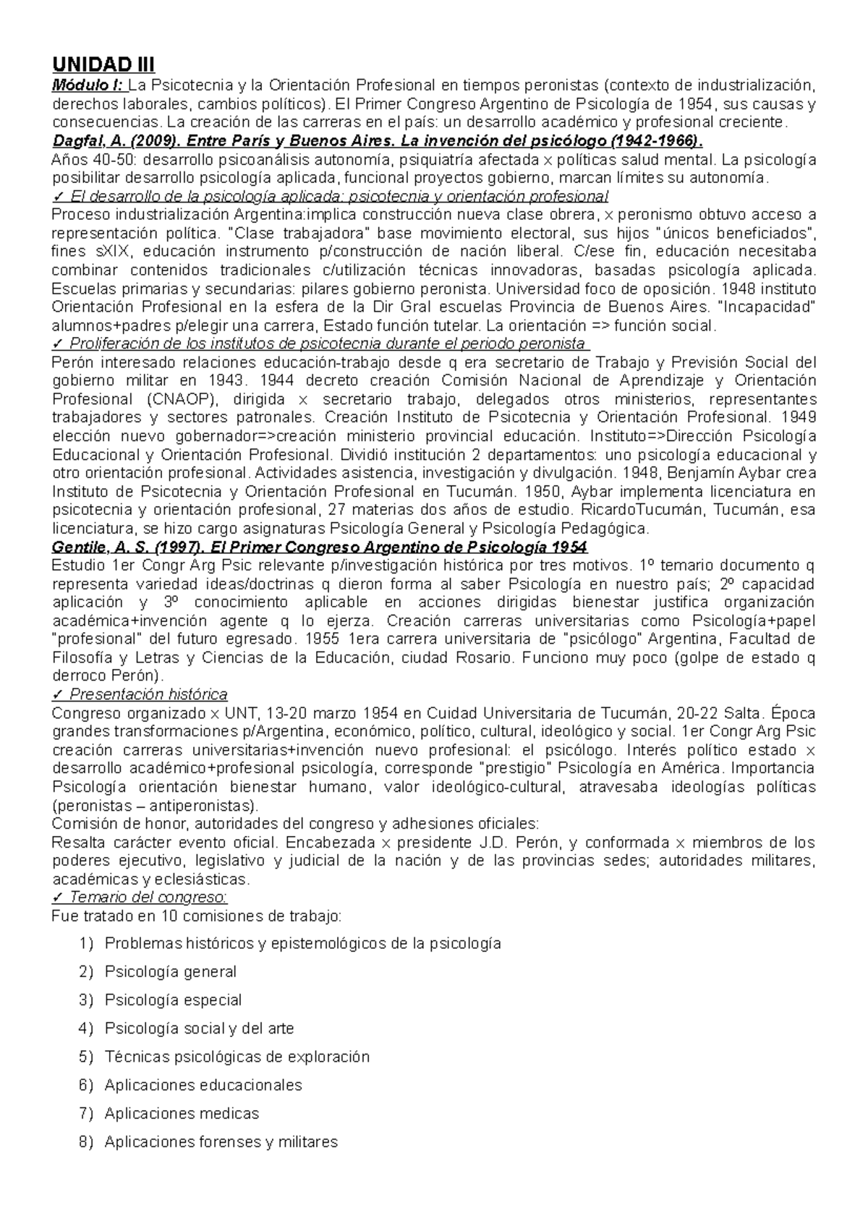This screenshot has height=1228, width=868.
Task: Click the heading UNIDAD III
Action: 103,65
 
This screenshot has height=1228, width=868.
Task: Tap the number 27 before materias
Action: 337,510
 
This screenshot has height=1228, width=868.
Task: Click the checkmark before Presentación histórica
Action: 58,694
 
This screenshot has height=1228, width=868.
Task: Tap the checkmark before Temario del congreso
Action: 58,897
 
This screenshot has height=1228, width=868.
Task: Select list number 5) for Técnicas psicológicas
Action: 87,1057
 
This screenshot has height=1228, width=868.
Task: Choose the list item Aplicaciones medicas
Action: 182,1113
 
